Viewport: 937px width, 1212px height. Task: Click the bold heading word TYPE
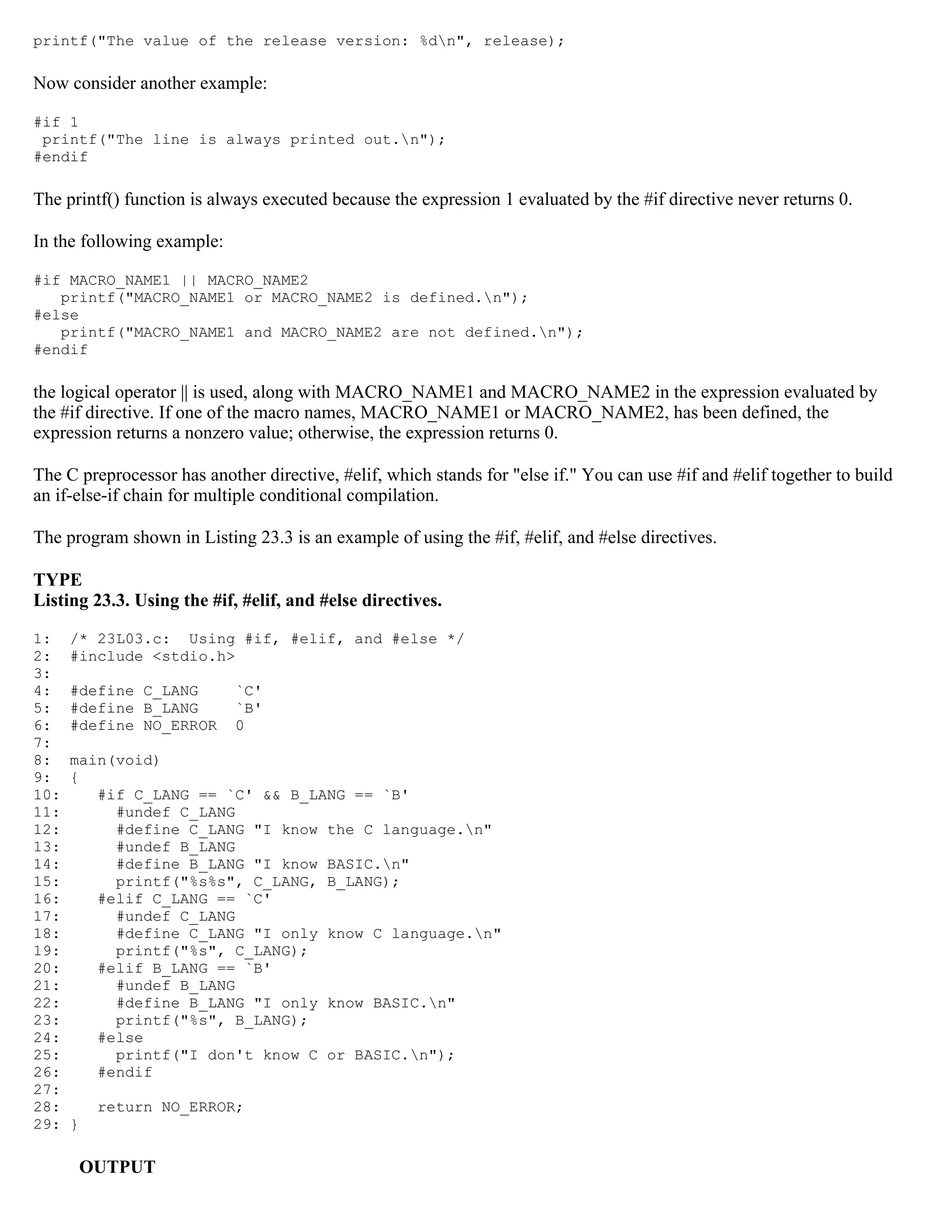pyautogui.click(x=58, y=580)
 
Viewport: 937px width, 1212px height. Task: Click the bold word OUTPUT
pyautogui.click(x=117, y=1167)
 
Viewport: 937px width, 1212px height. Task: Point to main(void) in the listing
pyautogui.click(x=115, y=760)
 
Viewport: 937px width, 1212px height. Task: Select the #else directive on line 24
pyautogui.click(x=120, y=1038)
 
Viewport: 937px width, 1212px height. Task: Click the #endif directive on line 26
pyautogui.click(x=125, y=1072)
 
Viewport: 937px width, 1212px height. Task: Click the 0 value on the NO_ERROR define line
pyautogui.click(x=240, y=726)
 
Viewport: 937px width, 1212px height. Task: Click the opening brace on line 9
pyautogui.click(x=75, y=778)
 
